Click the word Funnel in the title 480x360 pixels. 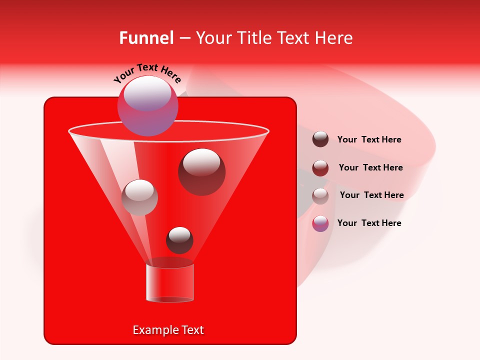coord(146,38)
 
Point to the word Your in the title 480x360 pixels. coord(212,38)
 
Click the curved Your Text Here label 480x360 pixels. coord(147,73)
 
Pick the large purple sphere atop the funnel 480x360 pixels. coord(148,105)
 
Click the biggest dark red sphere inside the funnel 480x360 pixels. coord(201,171)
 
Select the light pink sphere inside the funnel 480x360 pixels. coord(139,197)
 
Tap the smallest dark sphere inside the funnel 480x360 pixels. coord(179,240)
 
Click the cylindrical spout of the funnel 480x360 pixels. coord(169,282)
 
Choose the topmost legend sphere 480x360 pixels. coord(320,139)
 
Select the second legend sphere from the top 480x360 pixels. coord(320,168)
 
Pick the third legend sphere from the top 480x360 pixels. coord(320,196)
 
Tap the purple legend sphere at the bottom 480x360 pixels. coord(320,223)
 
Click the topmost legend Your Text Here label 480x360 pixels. coord(369,140)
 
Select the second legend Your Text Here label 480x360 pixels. coord(370,168)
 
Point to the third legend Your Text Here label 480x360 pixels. coord(371,195)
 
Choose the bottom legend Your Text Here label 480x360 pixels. coord(369,223)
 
